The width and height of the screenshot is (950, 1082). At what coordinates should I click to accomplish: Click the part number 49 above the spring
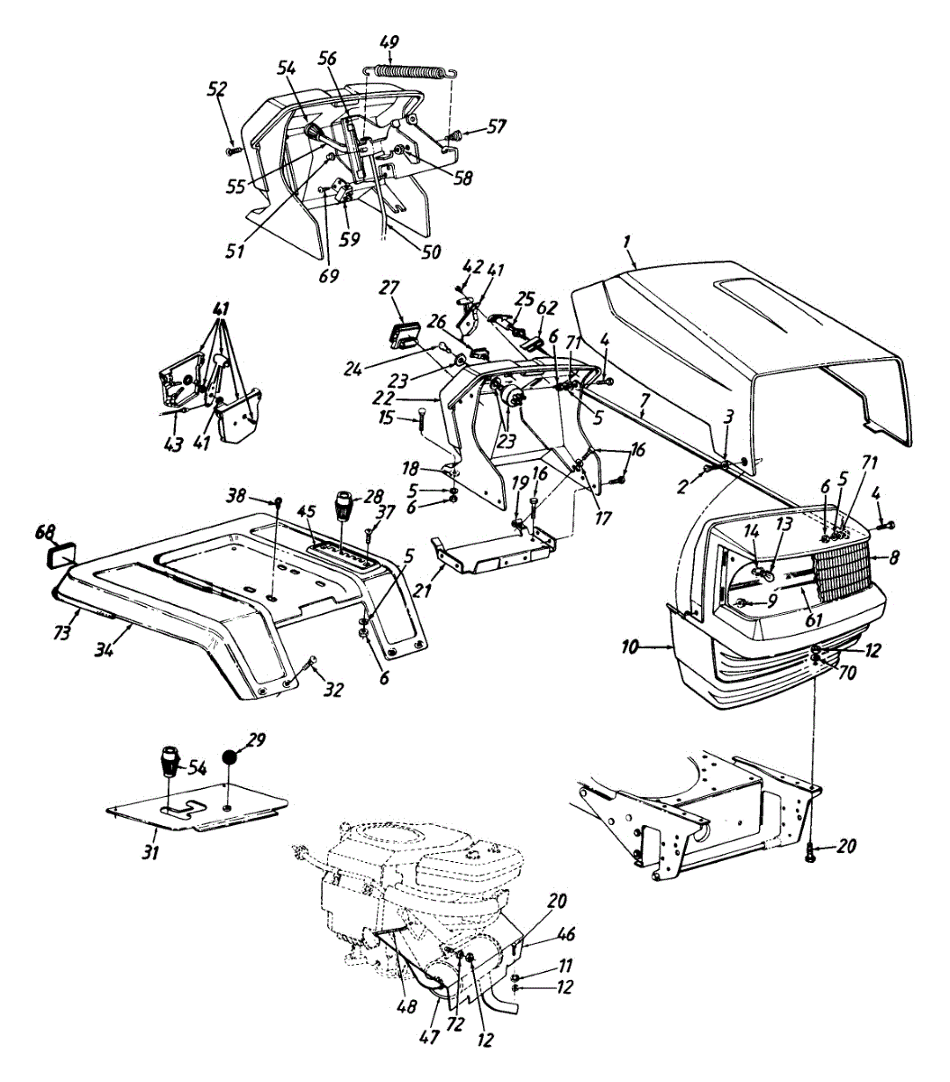tap(389, 43)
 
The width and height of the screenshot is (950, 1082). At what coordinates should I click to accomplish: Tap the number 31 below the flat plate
tap(151, 850)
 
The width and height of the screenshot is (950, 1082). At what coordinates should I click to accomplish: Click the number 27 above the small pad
tap(389, 289)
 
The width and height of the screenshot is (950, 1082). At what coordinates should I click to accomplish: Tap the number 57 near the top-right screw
tap(498, 127)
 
